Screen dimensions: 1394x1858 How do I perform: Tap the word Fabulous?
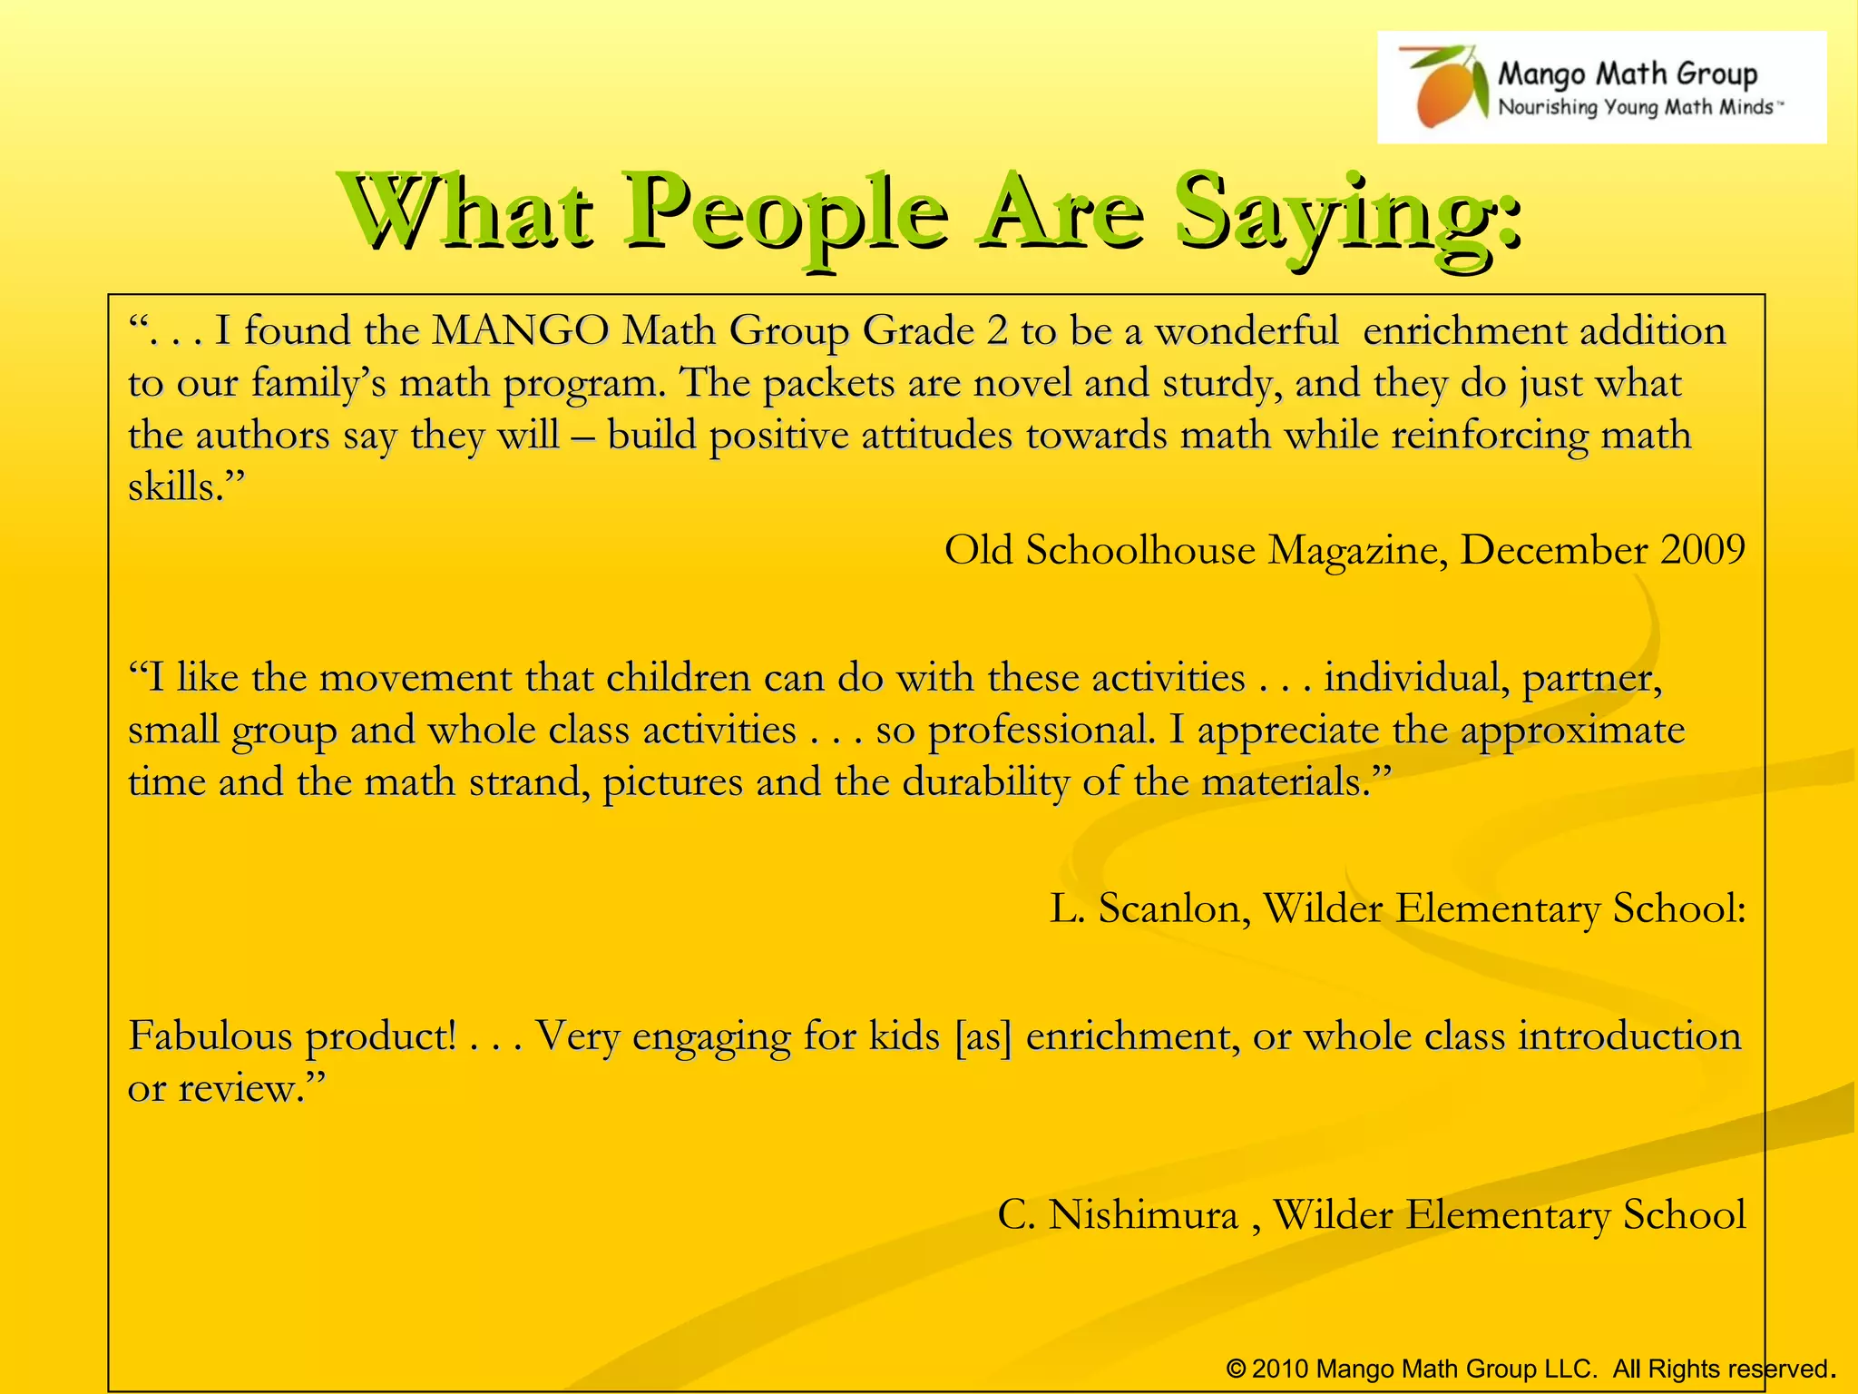(210, 1036)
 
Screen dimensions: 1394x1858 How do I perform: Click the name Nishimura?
(1143, 1215)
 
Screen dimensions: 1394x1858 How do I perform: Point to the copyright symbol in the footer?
(1236, 1369)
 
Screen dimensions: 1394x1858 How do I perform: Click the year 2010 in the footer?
(1280, 1369)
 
